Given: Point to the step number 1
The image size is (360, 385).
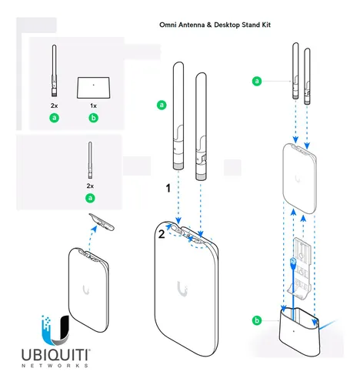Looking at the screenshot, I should [165, 187].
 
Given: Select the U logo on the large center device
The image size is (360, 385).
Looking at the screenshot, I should [182, 289].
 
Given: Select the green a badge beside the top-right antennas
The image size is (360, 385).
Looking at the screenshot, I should [256, 79].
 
